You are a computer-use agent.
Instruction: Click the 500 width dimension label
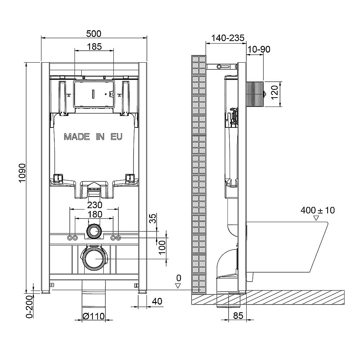point(94,34)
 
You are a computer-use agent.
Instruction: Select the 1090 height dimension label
point(22,173)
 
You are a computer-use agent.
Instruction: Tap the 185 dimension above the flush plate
point(94,46)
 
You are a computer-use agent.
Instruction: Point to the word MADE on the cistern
point(77,137)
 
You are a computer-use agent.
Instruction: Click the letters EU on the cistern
point(116,137)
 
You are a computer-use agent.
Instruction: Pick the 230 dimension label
point(94,205)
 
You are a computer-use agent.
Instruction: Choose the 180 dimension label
point(94,214)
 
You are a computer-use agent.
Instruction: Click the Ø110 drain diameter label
point(94,316)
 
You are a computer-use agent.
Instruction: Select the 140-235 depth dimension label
point(228,38)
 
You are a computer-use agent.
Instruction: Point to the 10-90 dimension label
point(259,49)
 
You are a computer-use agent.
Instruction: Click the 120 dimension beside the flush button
point(275,92)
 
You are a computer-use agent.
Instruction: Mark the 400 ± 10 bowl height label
point(318,210)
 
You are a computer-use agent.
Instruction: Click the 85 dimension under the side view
point(238,316)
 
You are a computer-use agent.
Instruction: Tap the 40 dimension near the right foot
point(157,301)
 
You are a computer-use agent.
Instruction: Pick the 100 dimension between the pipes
point(162,247)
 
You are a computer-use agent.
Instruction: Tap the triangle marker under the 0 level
point(178,286)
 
